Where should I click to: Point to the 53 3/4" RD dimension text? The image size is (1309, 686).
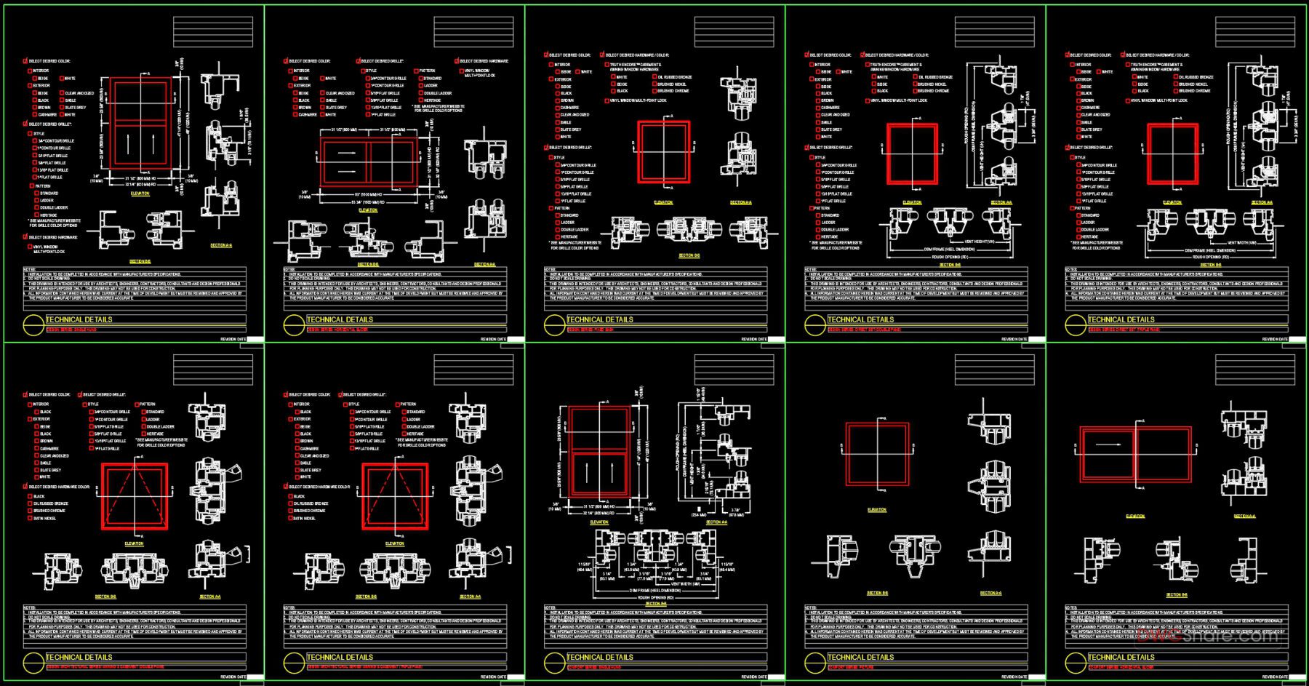pos(368,202)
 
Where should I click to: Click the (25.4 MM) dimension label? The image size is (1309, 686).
pos(698,514)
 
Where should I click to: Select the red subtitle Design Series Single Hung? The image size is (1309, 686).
pos(72,330)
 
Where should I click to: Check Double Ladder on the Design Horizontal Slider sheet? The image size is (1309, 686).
pos(420,93)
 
